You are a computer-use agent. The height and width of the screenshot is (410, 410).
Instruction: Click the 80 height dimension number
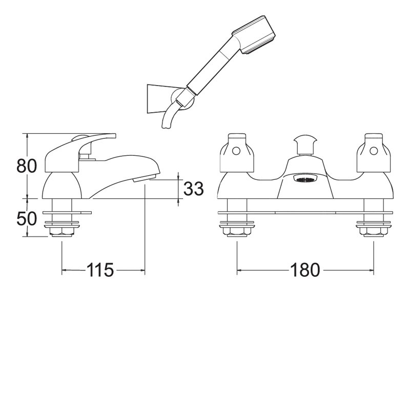pos(27,166)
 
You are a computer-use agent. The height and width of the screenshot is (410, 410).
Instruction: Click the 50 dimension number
pos(27,219)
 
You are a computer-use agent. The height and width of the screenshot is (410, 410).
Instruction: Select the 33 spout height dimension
pos(193,189)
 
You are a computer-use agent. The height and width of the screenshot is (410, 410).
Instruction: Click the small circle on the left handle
pos(236,151)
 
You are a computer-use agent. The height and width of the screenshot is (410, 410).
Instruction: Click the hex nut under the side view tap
pos(62,233)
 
